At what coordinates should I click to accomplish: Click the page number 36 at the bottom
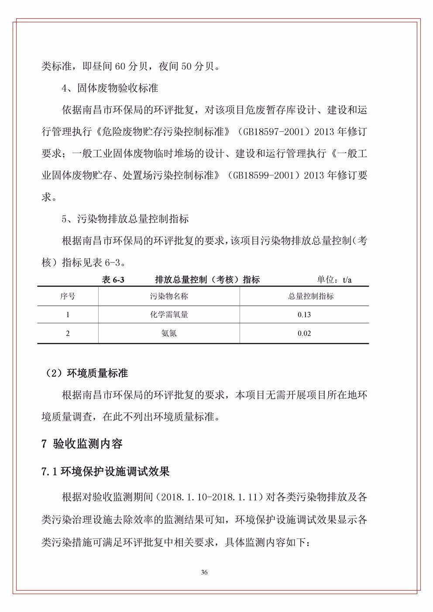click(204, 572)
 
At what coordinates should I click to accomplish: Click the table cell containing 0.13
click(304, 315)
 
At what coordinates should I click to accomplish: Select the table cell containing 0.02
click(304, 334)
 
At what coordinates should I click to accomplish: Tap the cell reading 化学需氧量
click(169, 315)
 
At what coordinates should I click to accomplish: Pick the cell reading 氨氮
click(169, 334)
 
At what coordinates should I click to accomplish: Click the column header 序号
click(68, 296)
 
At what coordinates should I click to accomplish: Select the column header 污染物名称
click(169, 296)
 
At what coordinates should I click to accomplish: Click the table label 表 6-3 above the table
click(113, 280)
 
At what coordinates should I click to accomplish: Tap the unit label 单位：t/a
click(334, 280)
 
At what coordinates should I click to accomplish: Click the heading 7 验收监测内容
click(82, 444)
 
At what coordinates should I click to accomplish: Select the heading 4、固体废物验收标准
click(110, 88)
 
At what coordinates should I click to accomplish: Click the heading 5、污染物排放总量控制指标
click(125, 219)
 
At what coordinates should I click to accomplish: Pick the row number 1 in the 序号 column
click(68, 315)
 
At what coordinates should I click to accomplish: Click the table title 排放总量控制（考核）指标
click(207, 280)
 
